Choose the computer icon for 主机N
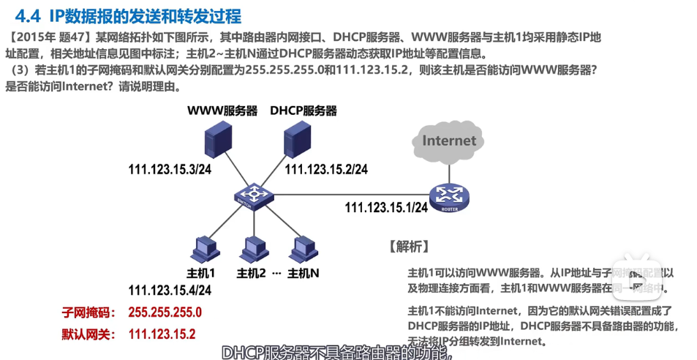point(301,249)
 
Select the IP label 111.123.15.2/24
point(326,170)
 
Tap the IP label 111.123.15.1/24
point(385,208)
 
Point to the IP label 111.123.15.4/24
point(170,290)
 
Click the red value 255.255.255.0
point(165,312)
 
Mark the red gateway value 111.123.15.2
point(162,334)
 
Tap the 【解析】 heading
point(408,246)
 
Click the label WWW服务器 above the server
point(222,111)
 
